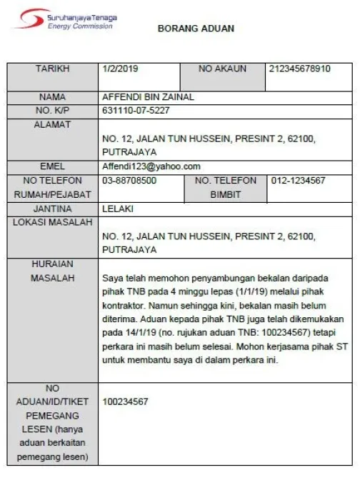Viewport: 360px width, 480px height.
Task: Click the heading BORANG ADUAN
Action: click(x=195, y=29)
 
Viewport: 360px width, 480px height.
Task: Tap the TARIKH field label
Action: click(x=53, y=69)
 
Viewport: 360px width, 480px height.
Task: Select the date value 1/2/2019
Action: click(x=121, y=69)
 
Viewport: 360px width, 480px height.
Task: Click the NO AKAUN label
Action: click(x=222, y=69)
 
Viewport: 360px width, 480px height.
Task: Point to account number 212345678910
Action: click(x=300, y=69)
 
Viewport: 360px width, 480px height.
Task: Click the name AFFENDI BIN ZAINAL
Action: click(x=149, y=97)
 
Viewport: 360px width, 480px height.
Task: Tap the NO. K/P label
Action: click(x=53, y=111)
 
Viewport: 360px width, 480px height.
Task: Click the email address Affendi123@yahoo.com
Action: click(x=151, y=166)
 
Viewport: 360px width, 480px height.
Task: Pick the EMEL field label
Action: click(x=53, y=166)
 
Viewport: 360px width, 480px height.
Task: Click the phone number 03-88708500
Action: click(x=129, y=181)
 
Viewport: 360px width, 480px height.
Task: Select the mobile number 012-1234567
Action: click(x=299, y=181)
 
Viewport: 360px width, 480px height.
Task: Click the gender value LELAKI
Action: click(x=119, y=209)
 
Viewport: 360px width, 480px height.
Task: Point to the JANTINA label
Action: click(x=53, y=209)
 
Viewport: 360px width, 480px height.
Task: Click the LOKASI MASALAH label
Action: click(x=53, y=223)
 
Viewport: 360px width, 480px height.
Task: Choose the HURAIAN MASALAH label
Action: click(x=53, y=271)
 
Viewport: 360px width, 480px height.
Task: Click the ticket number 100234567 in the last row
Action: click(x=125, y=402)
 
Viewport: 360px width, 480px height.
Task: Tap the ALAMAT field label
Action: click(x=53, y=125)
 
